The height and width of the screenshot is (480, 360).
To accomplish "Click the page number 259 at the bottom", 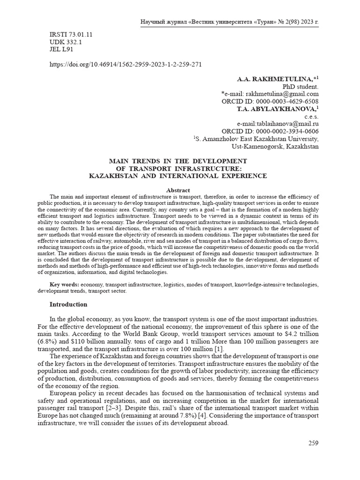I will point(313,443).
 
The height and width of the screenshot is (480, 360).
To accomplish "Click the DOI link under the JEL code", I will point(126,65).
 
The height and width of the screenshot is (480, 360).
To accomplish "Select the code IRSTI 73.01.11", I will point(71,35).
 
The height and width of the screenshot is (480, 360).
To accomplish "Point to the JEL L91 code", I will point(61,49).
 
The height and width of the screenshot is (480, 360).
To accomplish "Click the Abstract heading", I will point(178,190).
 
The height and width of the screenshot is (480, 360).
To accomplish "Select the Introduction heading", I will point(68,304).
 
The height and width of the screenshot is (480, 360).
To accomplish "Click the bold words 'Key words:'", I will point(64,285).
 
